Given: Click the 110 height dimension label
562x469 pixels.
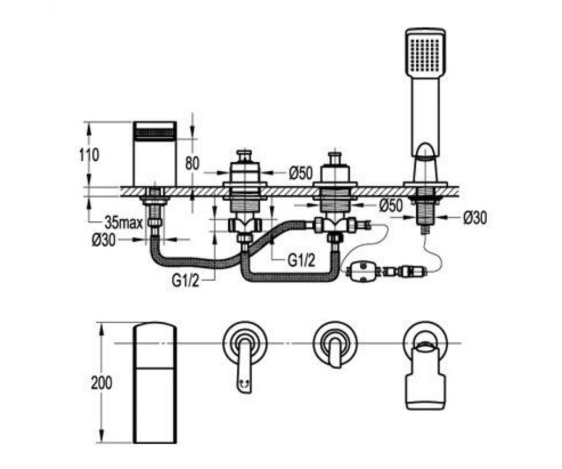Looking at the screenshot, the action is tap(89, 155).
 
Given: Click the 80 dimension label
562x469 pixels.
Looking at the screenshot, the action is tap(192, 163).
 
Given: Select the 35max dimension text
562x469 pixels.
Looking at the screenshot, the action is tap(124, 222).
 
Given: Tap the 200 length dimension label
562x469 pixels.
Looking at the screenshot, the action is tap(102, 383).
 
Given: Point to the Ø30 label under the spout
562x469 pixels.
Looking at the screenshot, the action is tap(104, 240).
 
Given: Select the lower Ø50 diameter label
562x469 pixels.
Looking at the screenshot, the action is tap(391, 205).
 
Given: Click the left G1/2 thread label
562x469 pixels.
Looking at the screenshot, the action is tap(185, 281).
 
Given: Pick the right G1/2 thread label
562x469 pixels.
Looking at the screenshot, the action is tap(301, 260).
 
